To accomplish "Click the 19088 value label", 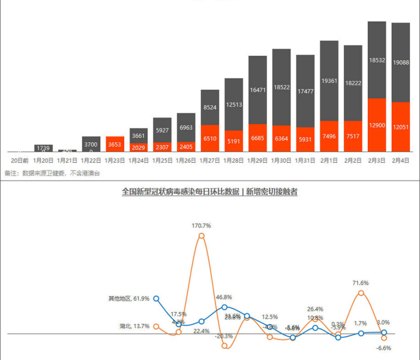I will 401,62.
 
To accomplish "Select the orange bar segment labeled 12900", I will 377,125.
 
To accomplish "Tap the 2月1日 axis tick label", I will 329,161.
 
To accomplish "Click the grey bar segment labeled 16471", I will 257,90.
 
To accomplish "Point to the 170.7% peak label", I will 201,226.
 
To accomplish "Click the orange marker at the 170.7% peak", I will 201,236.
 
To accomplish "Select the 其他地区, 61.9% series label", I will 128,298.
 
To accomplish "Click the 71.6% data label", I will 361,283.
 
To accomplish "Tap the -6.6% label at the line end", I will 383,348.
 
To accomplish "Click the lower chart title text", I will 209,192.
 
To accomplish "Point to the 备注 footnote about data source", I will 52,173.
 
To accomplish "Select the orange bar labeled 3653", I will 115,144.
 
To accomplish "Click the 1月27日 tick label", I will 210,161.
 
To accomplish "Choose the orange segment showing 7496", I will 329,136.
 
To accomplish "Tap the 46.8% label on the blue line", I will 224,297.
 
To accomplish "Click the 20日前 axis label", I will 20,161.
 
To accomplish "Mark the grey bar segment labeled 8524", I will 210,107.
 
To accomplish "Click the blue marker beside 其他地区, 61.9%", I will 156,298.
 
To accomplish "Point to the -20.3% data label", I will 224,336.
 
